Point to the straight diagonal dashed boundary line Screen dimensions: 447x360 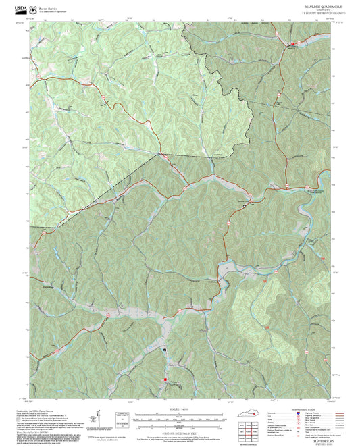108,190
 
